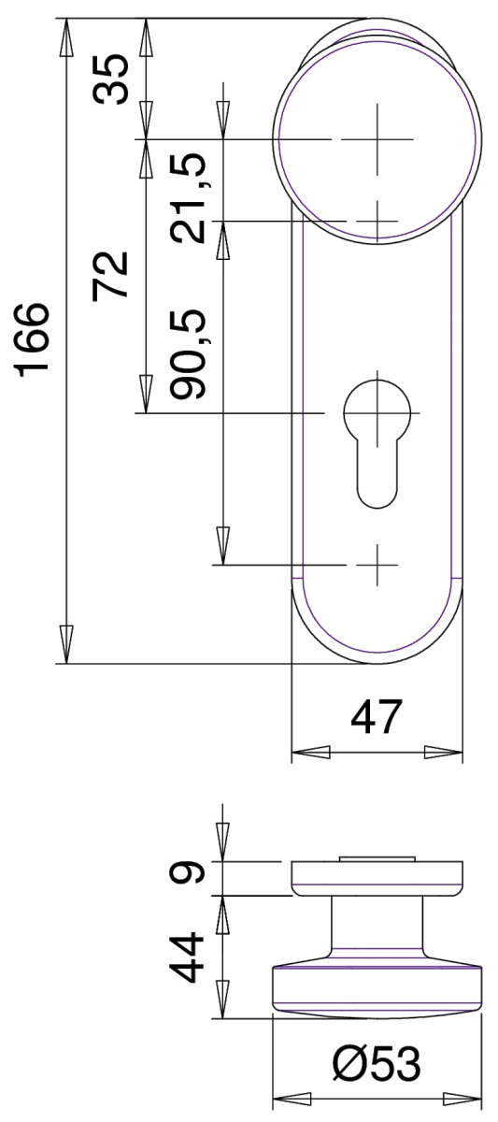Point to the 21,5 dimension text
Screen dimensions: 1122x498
click(192, 198)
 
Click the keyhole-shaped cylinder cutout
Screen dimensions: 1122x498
click(377, 439)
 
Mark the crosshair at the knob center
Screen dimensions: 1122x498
click(377, 139)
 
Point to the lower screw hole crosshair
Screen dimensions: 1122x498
click(377, 565)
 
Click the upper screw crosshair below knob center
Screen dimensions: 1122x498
click(377, 221)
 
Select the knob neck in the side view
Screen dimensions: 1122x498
click(377, 926)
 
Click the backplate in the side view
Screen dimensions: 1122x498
click(377, 877)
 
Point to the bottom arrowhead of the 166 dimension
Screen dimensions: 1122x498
click(65, 645)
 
